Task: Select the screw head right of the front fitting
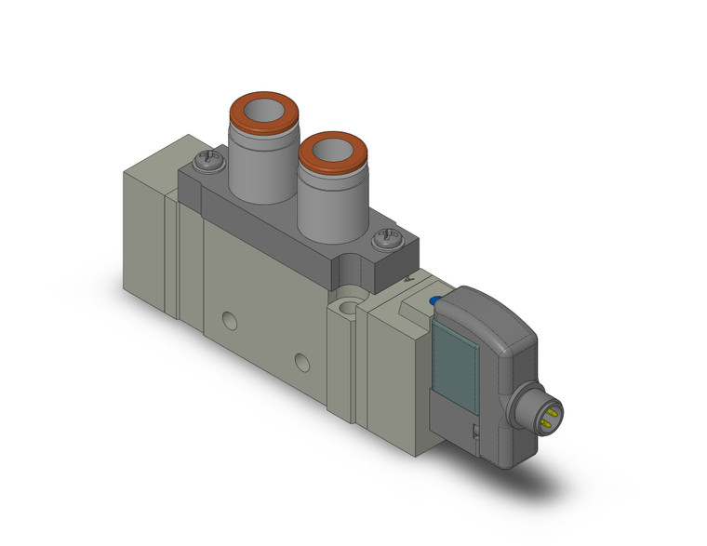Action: tap(387, 242)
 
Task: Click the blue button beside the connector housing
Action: tap(436, 300)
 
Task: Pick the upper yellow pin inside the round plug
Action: tap(552, 406)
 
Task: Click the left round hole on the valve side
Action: tap(230, 322)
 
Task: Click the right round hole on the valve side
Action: tap(301, 362)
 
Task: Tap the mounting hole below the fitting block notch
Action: tap(351, 304)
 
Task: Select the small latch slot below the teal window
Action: tap(475, 431)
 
